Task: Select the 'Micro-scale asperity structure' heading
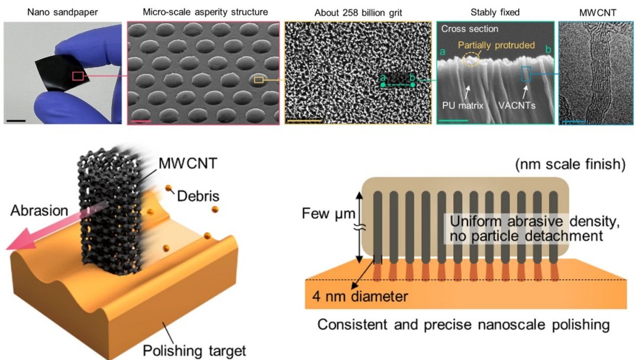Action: [x=203, y=11]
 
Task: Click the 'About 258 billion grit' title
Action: [x=358, y=11]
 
